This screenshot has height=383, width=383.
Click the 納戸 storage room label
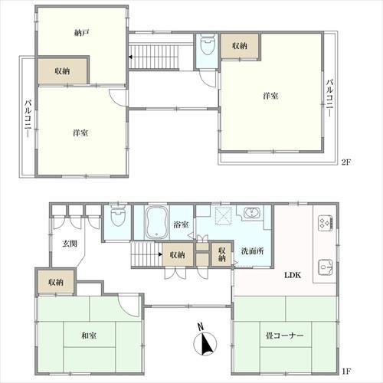coord(82,32)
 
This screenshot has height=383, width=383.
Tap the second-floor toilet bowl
coord(207,44)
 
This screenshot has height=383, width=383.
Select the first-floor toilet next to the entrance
coord(118,217)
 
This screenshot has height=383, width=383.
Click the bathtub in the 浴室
coord(156,222)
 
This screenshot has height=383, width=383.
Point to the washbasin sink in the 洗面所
coord(252,213)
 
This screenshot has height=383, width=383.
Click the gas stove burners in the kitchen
coord(326,223)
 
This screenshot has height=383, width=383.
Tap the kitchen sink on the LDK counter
coord(326,267)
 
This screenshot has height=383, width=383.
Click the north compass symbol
coord(205,341)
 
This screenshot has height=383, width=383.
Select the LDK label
coord(293,275)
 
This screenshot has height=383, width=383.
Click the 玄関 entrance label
coord(70,244)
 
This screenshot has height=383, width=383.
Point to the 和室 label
coord(89,336)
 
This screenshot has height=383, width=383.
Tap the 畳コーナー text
coord(284,336)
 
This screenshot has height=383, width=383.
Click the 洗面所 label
coord(253,251)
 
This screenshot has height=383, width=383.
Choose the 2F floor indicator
coord(347,162)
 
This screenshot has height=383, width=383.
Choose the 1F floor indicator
coord(347,371)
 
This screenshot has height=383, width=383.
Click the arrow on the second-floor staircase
coord(131,57)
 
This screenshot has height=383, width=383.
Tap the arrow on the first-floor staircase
coord(160,254)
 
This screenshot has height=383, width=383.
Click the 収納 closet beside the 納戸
coord(63,71)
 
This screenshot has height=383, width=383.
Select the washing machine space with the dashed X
coord(224,216)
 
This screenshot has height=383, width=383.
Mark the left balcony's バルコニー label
coord(28,119)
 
